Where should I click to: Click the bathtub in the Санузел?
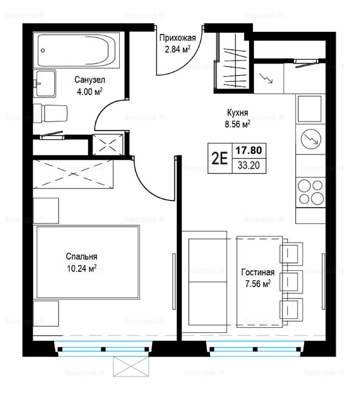pyautogui.click(x=76, y=50)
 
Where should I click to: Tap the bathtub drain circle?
pyautogui.click(x=43, y=50)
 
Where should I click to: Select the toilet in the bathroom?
pyautogui.click(x=50, y=113)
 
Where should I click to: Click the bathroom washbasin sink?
pyautogui.click(x=45, y=83)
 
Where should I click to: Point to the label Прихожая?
pyautogui.click(x=177, y=38)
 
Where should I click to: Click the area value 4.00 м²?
pyautogui.click(x=89, y=91)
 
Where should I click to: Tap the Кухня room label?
pyautogui.click(x=237, y=113)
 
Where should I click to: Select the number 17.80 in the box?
pyautogui.click(x=248, y=150)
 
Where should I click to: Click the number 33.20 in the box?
pyautogui.click(x=249, y=165)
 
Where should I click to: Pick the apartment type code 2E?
pyautogui.click(x=220, y=159)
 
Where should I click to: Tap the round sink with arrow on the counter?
pyautogui.click(x=311, y=139)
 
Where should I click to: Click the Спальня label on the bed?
pyautogui.click(x=82, y=256)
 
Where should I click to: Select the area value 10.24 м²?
pyautogui.click(x=82, y=268)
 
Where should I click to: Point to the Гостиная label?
pyautogui.click(x=258, y=272)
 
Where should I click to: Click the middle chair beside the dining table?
pyautogui.click(x=291, y=281)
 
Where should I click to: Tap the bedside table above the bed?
pyautogui.click(x=46, y=211)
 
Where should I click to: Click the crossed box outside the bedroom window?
pyautogui.click(x=131, y=366)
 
